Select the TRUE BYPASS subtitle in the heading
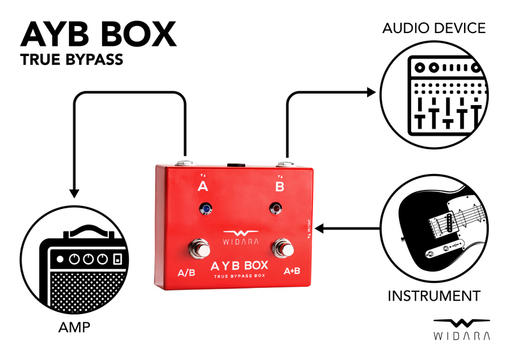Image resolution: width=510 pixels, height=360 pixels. pos(71,61)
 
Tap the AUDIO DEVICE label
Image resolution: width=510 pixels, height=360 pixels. pos(433,29)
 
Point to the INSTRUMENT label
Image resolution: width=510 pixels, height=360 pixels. pos(433,296)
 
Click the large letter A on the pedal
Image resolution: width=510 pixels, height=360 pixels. pos(203,187)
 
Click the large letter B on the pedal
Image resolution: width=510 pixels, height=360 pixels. pos(279,187)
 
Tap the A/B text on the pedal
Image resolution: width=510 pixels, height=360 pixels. pos(187,274)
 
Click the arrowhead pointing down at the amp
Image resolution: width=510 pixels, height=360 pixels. pos(74,191)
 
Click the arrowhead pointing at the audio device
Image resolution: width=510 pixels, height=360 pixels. pos(372,93)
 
